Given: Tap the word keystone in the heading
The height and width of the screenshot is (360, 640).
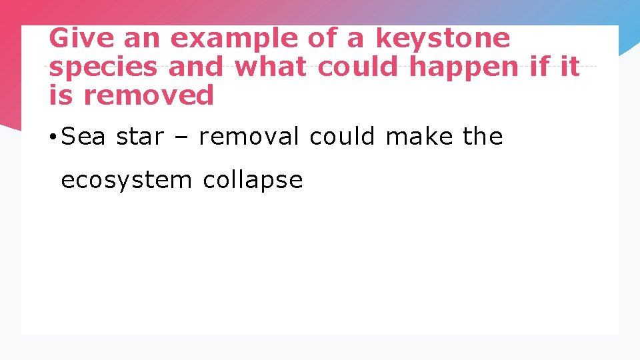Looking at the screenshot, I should [x=443, y=38].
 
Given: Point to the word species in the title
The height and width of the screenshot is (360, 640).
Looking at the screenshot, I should [x=103, y=67].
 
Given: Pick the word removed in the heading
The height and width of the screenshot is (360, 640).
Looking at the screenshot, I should [x=148, y=95].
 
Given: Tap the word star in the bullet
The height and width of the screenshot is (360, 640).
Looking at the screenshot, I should [x=139, y=137].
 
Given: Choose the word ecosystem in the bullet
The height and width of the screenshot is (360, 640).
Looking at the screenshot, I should [x=126, y=180].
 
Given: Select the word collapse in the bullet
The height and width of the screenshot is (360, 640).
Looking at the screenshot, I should [x=253, y=180].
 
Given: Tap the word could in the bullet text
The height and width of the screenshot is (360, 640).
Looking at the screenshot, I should [x=343, y=137].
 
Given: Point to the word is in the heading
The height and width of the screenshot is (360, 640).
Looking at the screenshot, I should [x=61, y=95].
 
